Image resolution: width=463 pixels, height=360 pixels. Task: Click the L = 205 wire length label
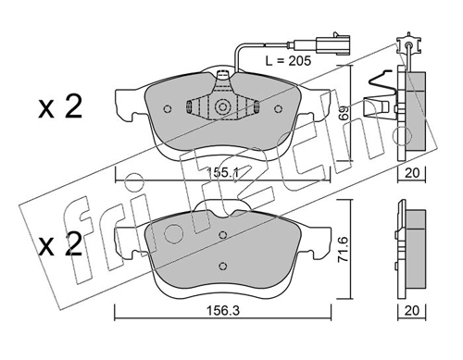tap(288, 61)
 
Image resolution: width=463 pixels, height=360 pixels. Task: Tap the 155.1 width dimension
tap(222, 172)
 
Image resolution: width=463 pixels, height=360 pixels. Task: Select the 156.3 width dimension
tap(223, 311)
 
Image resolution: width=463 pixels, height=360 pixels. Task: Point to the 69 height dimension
tap(344, 113)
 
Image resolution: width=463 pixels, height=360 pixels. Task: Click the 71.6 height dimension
tap(344, 249)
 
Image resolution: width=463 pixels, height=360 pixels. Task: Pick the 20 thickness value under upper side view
tap(412, 173)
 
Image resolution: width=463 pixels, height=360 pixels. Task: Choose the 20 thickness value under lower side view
tap(412, 310)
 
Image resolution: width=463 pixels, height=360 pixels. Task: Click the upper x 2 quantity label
tap(60, 107)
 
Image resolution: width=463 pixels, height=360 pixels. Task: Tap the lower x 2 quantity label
tap(60, 244)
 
